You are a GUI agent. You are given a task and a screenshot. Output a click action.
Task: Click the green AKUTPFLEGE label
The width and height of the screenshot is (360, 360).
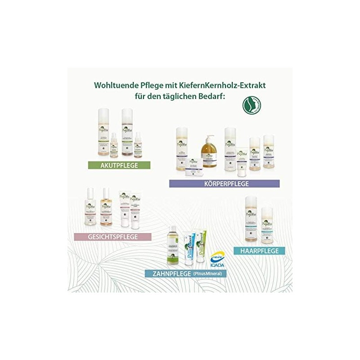[113, 165]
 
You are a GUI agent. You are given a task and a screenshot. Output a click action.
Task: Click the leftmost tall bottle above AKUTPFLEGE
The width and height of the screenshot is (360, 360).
[105, 133]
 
